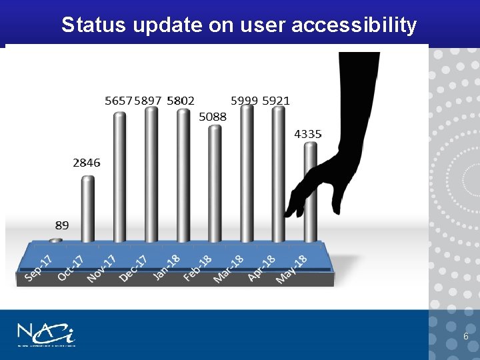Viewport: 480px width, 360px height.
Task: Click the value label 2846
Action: pyautogui.click(x=87, y=163)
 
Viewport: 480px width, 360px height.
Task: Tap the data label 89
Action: pyautogui.click(x=61, y=225)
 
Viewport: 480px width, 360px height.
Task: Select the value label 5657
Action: pyautogui.click(x=119, y=101)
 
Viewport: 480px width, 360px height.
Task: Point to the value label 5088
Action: pyautogui.click(x=213, y=117)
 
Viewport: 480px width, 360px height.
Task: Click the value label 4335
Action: pyautogui.click(x=307, y=134)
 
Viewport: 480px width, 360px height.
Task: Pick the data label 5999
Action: pyautogui.click(x=244, y=101)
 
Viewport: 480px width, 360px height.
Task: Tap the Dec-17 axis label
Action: pyautogui.click(x=133, y=268)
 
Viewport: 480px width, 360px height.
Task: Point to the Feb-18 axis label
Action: pyautogui.click(x=197, y=268)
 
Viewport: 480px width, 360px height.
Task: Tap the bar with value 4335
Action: pyautogui.click(x=310, y=193)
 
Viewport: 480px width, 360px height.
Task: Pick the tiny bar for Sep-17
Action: pyautogui.click(x=56, y=240)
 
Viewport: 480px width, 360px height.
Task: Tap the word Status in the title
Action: pyautogui.click(x=93, y=25)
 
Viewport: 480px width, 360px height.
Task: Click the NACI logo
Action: pyautogui.click(x=46, y=334)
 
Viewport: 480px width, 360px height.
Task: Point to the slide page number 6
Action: pyautogui.click(x=465, y=337)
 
